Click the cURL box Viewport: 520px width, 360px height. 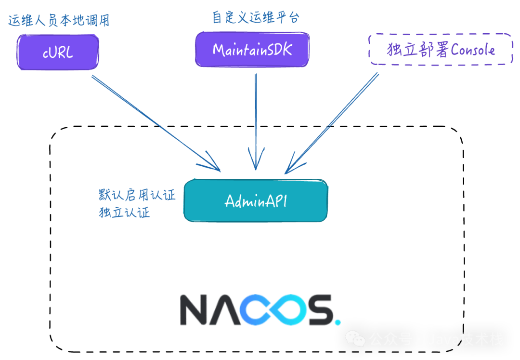[58, 52]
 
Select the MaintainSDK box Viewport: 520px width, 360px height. [252, 49]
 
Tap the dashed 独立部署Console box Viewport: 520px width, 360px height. [441, 50]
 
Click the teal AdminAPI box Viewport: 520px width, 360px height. [256, 200]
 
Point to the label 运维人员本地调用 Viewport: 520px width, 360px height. [59, 21]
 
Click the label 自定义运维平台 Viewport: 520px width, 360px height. [256, 18]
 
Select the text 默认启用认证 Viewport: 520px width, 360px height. [137, 195]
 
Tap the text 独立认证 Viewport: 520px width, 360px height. [124, 212]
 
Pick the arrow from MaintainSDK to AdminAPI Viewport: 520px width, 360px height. [256, 120]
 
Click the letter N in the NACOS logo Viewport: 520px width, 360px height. [197, 310]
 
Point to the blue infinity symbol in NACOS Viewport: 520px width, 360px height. [279, 310]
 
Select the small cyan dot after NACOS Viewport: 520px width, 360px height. [338, 321]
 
